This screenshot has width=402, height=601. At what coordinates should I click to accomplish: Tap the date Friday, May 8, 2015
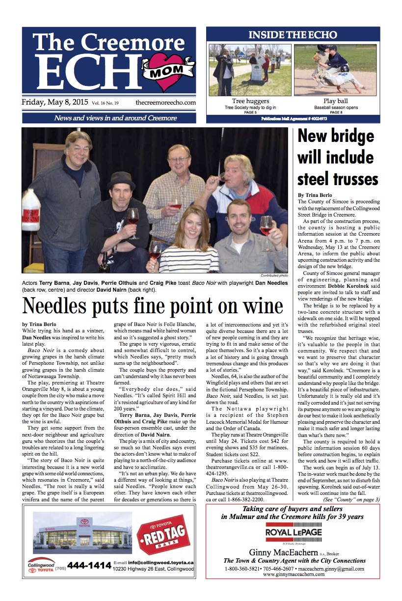(54, 103)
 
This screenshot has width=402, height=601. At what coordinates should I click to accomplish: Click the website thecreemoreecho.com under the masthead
(165, 103)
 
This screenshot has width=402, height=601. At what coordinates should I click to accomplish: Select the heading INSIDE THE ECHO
(293, 35)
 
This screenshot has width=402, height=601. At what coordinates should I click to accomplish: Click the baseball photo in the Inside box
(336, 70)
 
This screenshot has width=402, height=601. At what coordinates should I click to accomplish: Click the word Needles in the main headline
(63, 307)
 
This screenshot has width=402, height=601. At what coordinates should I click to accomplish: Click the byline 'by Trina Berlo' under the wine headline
(39, 324)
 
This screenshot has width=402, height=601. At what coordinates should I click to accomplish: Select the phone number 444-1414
(89, 566)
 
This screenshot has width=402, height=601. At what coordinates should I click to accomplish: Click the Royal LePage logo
(293, 533)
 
